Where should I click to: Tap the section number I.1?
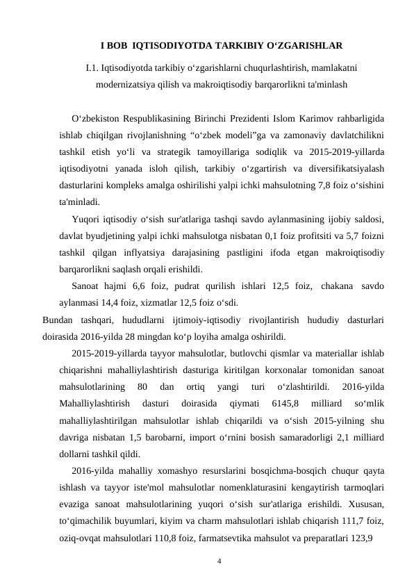pos(93,67)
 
